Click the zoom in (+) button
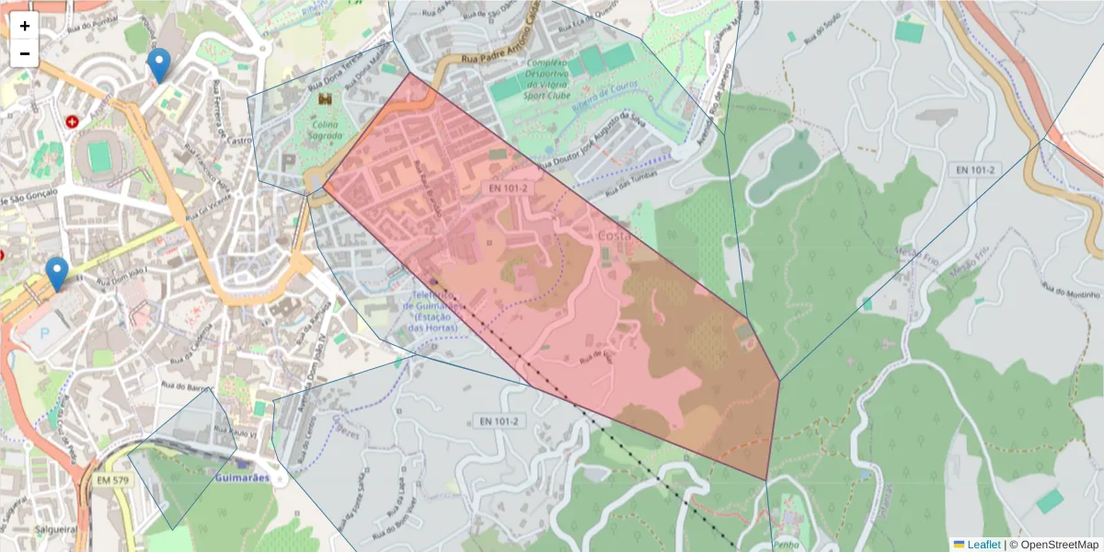pyautogui.click(x=25, y=26)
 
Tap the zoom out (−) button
pyautogui.click(x=25, y=53)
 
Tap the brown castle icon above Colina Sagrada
pyautogui.click(x=325, y=98)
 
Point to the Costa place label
pyautogui.click(x=615, y=236)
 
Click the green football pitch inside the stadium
pyautogui.click(x=99, y=156)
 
